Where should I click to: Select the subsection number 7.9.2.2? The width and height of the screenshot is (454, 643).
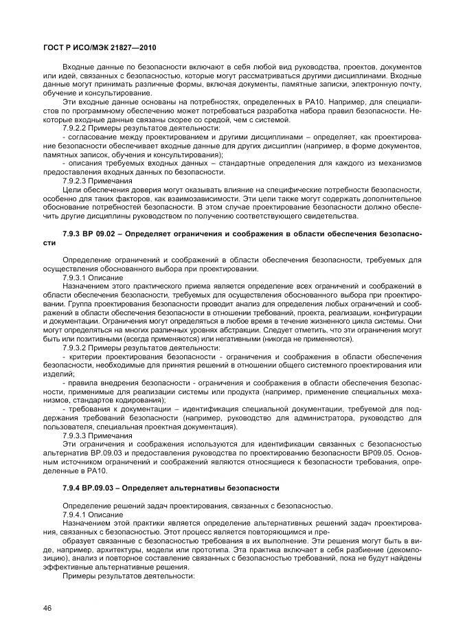point(75,128)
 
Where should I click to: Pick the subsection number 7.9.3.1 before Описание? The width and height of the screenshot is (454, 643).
point(75,277)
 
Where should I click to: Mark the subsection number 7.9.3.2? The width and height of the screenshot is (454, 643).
point(75,348)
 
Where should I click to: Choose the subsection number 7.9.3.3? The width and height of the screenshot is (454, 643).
point(75,435)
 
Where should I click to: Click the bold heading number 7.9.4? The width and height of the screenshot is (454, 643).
point(71,487)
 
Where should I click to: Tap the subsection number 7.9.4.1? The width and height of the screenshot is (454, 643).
point(75,514)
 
